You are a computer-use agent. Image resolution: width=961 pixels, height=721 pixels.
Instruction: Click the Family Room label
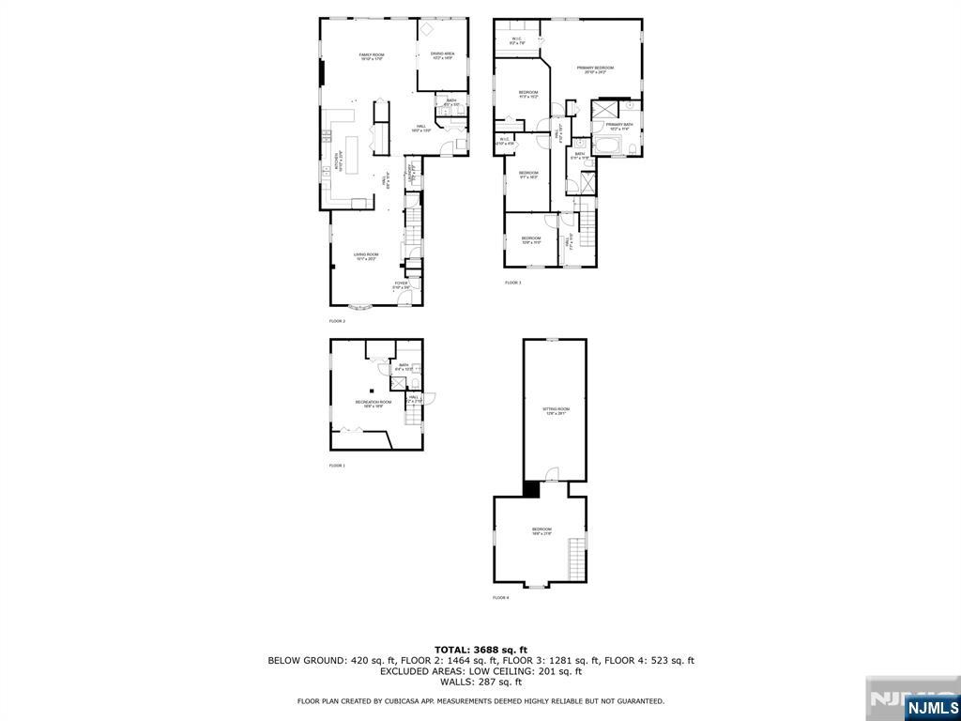point(372,57)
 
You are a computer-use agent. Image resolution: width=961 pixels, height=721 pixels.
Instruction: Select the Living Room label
point(366,256)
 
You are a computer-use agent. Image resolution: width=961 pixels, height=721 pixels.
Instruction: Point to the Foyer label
point(401,285)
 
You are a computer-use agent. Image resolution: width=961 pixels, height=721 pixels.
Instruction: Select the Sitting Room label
point(557,411)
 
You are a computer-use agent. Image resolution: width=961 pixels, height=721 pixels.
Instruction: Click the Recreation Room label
point(373,404)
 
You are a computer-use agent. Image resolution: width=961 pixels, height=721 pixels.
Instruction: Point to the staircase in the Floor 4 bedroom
point(577,559)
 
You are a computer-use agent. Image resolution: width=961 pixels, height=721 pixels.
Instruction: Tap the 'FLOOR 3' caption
point(512,283)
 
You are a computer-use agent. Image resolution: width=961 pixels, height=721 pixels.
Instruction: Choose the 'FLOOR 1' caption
point(337,466)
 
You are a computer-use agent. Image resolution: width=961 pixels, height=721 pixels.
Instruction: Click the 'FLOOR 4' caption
point(501,598)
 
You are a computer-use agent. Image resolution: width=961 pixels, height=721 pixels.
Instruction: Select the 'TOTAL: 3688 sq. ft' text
point(480,650)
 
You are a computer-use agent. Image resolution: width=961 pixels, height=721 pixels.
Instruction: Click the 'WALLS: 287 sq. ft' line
point(480,682)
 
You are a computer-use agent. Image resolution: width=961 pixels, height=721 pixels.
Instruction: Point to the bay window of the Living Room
point(359,307)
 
